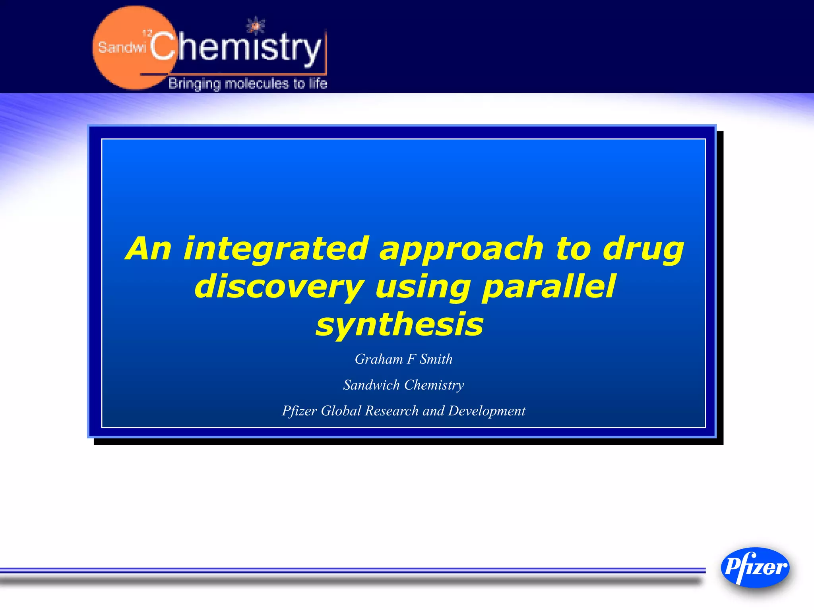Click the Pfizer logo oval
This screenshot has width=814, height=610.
click(755, 567)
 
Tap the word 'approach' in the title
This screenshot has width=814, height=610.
click(461, 249)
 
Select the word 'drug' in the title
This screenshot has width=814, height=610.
click(643, 249)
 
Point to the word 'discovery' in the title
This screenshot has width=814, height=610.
click(279, 287)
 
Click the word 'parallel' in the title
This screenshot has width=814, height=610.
click(548, 287)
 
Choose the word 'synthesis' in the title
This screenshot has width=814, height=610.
click(399, 324)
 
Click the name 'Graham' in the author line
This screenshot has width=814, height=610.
click(379, 359)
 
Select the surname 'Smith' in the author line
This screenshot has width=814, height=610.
click(436, 359)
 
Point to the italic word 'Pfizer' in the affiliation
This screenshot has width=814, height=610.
click(299, 411)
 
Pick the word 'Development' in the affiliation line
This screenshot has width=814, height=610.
click(486, 411)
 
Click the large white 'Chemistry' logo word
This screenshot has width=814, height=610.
click(235, 48)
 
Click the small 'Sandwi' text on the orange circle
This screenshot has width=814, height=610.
click(122, 48)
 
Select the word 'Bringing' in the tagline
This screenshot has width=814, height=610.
click(194, 84)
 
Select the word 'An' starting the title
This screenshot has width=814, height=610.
click(148, 249)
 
